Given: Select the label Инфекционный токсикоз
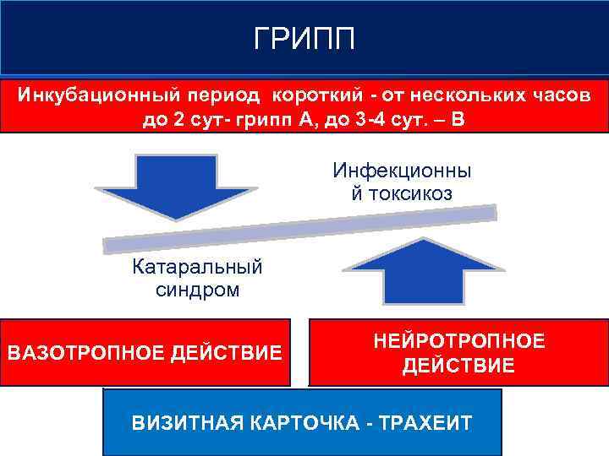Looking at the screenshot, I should (402, 182).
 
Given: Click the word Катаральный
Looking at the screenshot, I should (197, 268).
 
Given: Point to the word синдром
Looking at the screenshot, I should (197, 290).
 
